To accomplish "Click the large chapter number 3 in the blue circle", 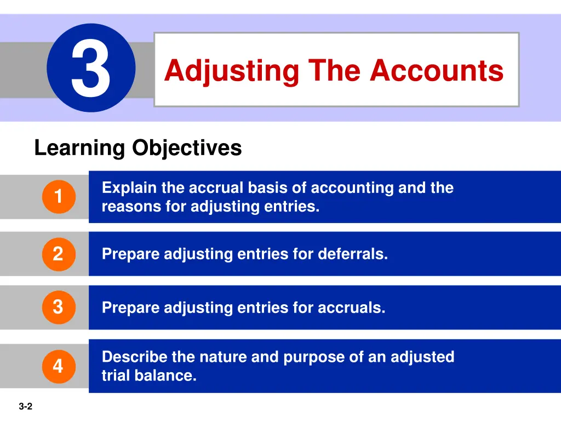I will point(91,69).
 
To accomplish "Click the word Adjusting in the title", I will point(232,71).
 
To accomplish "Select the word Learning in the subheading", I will point(79,149).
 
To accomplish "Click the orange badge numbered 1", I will point(58,196).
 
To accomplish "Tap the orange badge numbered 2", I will point(58,254).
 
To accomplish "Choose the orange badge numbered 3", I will point(58,307).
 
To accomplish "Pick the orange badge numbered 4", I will point(58,366).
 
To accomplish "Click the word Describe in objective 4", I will point(135,357).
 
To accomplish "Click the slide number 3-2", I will point(25,407).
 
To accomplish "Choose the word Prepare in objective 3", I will point(131,308).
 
